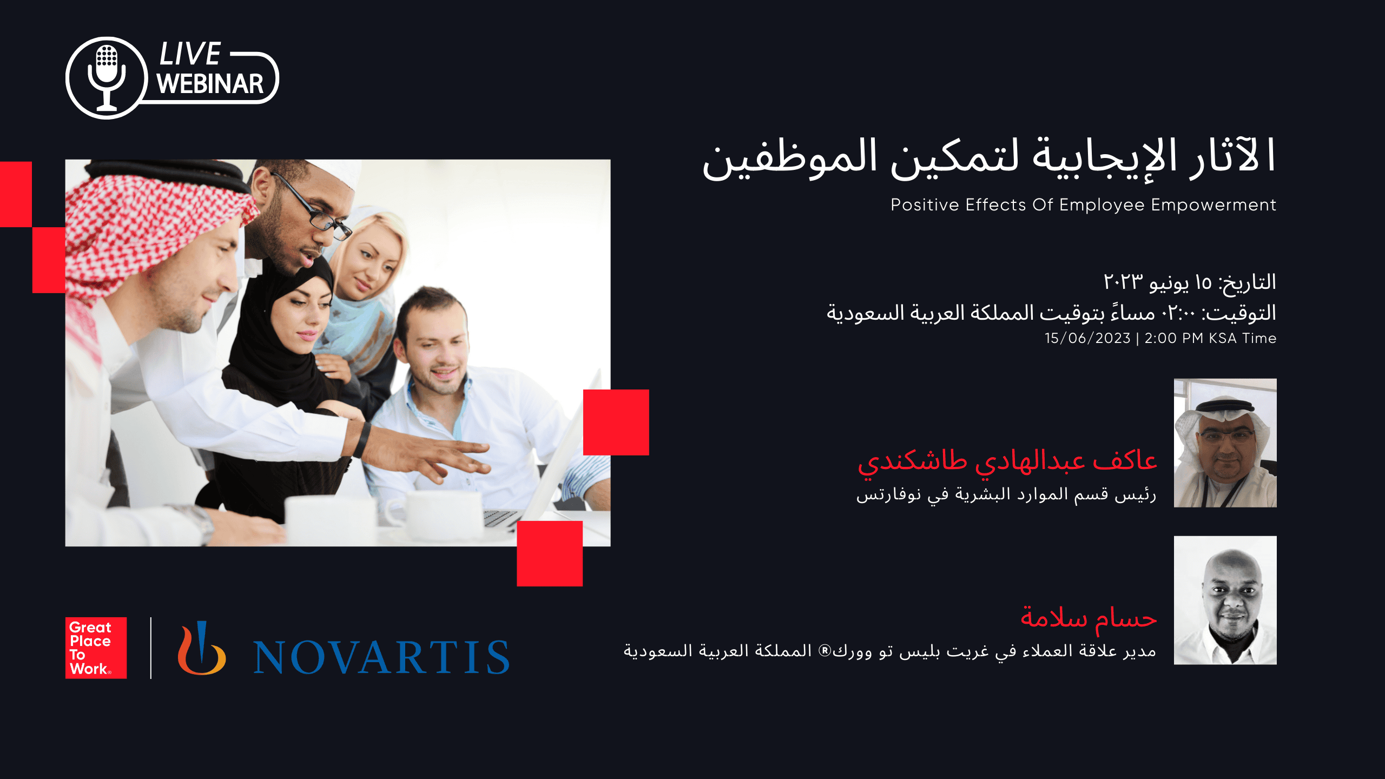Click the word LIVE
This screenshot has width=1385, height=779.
190,54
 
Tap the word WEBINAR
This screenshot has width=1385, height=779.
210,84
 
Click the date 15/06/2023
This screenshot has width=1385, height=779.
1087,338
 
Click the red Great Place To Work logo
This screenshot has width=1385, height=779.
96,648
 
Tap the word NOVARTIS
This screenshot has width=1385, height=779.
381,657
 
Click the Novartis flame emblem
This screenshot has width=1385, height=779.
202,648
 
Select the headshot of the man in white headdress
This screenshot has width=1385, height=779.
1225,443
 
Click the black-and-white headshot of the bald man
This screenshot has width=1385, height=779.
1225,600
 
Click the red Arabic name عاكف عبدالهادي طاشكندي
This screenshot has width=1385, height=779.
1007,463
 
